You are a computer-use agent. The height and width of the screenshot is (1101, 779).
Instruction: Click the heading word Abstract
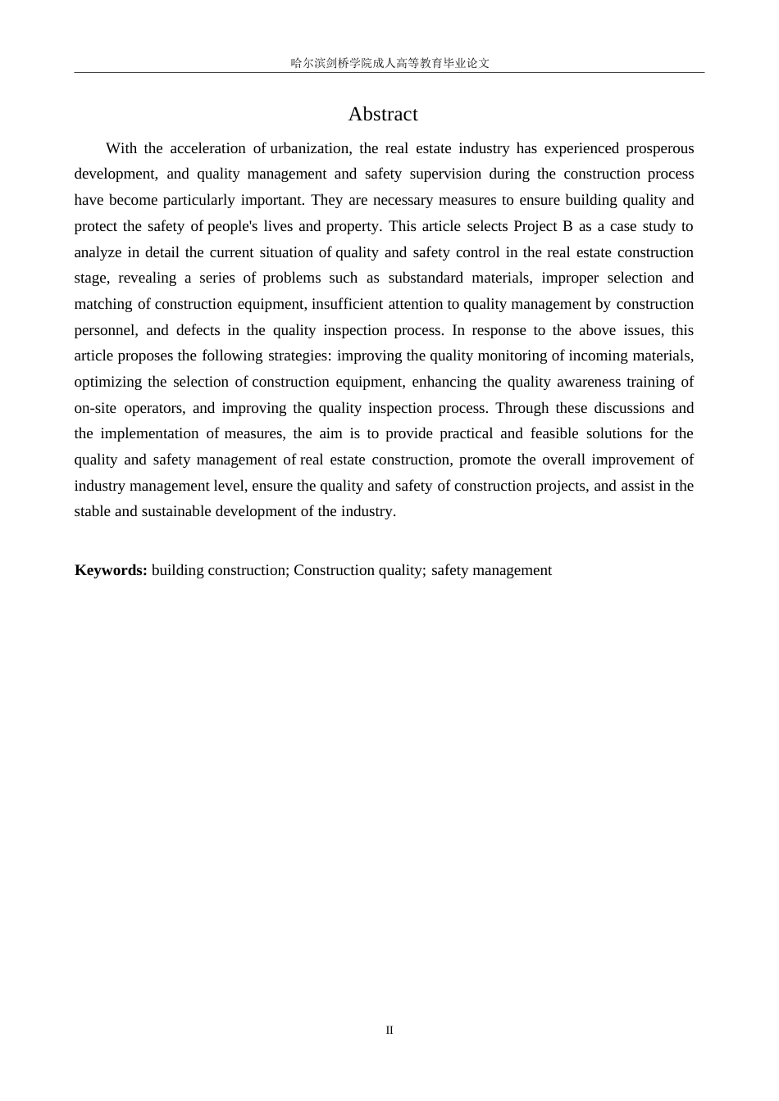click(x=383, y=114)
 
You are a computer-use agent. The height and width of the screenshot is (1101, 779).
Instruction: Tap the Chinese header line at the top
click(x=389, y=63)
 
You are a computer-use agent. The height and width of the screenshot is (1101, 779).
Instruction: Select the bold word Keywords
click(x=111, y=570)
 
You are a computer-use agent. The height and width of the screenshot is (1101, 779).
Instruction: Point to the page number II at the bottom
click(x=389, y=1030)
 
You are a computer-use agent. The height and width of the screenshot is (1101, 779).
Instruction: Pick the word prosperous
click(x=660, y=148)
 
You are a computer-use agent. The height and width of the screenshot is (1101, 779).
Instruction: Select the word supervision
click(x=445, y=174)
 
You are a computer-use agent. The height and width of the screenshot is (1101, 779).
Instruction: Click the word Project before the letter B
click(x=535, y=226)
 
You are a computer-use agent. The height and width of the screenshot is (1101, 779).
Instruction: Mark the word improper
click(x=569, y=278)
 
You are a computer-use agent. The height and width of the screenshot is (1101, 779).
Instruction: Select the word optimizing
click(x=107, y=382)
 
